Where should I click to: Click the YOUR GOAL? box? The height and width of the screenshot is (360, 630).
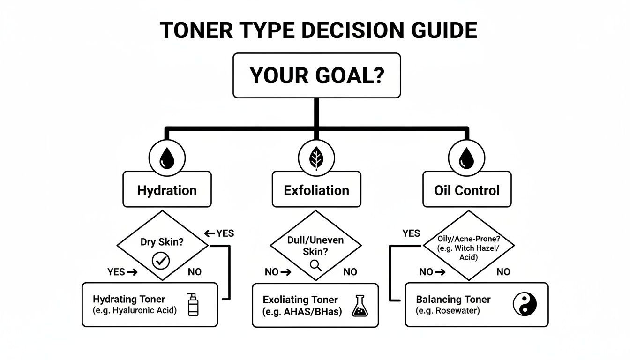point(316,75)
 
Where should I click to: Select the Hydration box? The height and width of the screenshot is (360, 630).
point(167,190)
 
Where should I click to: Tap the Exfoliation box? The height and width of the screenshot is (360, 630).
point(316,190)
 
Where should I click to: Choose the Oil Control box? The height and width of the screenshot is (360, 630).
point(466,190)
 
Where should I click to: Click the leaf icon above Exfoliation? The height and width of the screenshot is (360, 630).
point(316,157)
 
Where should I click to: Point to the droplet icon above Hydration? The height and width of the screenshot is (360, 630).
point(167,157)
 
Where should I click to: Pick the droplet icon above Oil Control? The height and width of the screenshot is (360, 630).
point(466,157)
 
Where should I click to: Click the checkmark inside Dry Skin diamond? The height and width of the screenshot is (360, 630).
point(162,260)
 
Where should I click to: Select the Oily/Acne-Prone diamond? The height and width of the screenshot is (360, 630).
point(468,245)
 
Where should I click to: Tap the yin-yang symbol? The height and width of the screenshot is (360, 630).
point(525,304)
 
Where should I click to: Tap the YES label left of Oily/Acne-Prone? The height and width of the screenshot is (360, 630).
point(411,233)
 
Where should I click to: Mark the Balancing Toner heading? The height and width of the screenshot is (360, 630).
point(453,299)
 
